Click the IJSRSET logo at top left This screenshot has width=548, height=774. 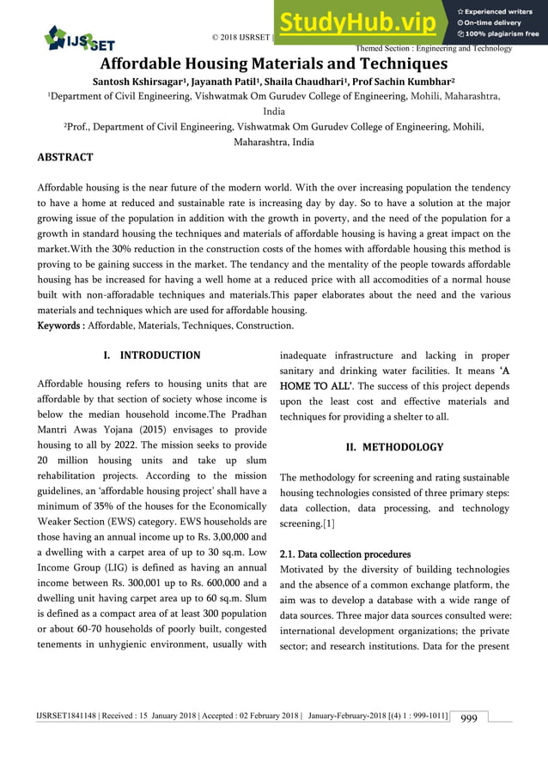(x=78, y=38)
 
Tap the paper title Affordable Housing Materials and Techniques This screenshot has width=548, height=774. (x=274, y=63)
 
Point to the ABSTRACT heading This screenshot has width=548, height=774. (x=65, y=157)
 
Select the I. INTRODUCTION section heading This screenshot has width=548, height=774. (x=151, y=355)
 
